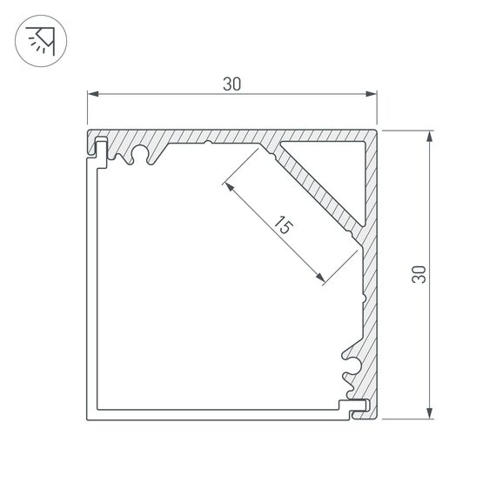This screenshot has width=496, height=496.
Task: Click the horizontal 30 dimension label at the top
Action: point(231,84)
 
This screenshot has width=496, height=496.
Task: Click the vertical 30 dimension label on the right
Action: point(419,274)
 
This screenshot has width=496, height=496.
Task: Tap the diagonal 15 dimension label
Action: point(280,228)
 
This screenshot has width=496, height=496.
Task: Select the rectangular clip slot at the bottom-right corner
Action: point(357,405)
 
